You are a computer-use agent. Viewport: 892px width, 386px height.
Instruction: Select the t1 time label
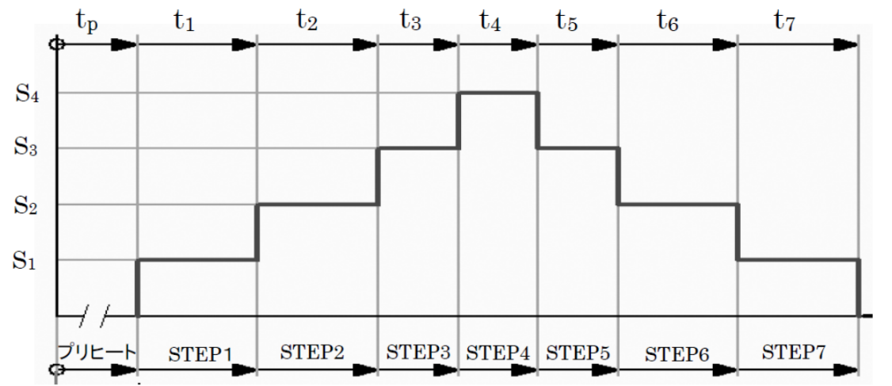(184, 20)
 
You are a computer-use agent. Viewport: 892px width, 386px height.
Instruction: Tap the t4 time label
(490, 21)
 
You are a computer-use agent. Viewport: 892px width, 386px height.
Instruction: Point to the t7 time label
(784, 20)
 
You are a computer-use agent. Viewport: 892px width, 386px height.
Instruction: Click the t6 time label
(668, 21)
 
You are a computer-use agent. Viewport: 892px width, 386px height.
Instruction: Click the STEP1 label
(198, 352)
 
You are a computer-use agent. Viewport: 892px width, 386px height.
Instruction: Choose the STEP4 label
(497, 352)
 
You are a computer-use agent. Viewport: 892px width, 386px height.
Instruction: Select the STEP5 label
(578, 352)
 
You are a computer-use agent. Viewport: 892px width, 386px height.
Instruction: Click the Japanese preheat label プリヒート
(97, 351)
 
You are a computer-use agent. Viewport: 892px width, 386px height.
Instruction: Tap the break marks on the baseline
(96, 315)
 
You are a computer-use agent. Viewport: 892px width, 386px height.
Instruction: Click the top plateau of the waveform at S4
(498, 93)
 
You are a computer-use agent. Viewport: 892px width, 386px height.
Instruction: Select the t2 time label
(307, 20)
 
